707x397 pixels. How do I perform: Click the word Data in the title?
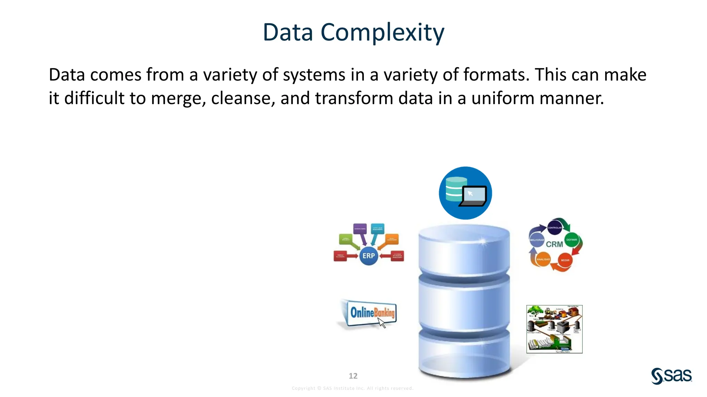(x=288, y=32)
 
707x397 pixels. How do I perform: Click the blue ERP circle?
(x=368, y=256)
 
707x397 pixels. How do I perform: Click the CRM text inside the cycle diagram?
(x=554, y=244)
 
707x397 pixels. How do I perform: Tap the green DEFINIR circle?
(x=571, y=240)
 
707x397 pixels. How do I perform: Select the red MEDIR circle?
(x=565, y=260)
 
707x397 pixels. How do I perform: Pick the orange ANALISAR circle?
(x=543, y=259)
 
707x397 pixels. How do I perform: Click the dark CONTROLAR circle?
(x=554, y=227)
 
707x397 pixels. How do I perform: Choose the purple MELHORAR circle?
(x=537, y=240)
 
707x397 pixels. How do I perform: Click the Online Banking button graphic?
(x=369, y=313)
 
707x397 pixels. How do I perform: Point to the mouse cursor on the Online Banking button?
(x=381, y=323)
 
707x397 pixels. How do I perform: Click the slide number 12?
(x=353, y=376)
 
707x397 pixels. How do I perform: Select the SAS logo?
(x=671, y=376)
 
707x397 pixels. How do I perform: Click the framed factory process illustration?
(x=554, y=329)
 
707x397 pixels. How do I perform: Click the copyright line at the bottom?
(x=352, y=388)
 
